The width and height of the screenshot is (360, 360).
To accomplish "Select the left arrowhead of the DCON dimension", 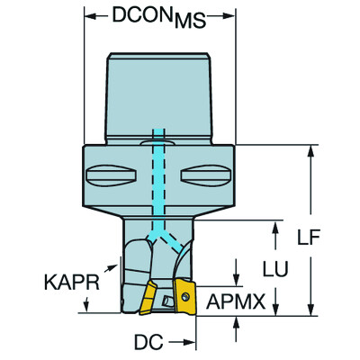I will point(88,17).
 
